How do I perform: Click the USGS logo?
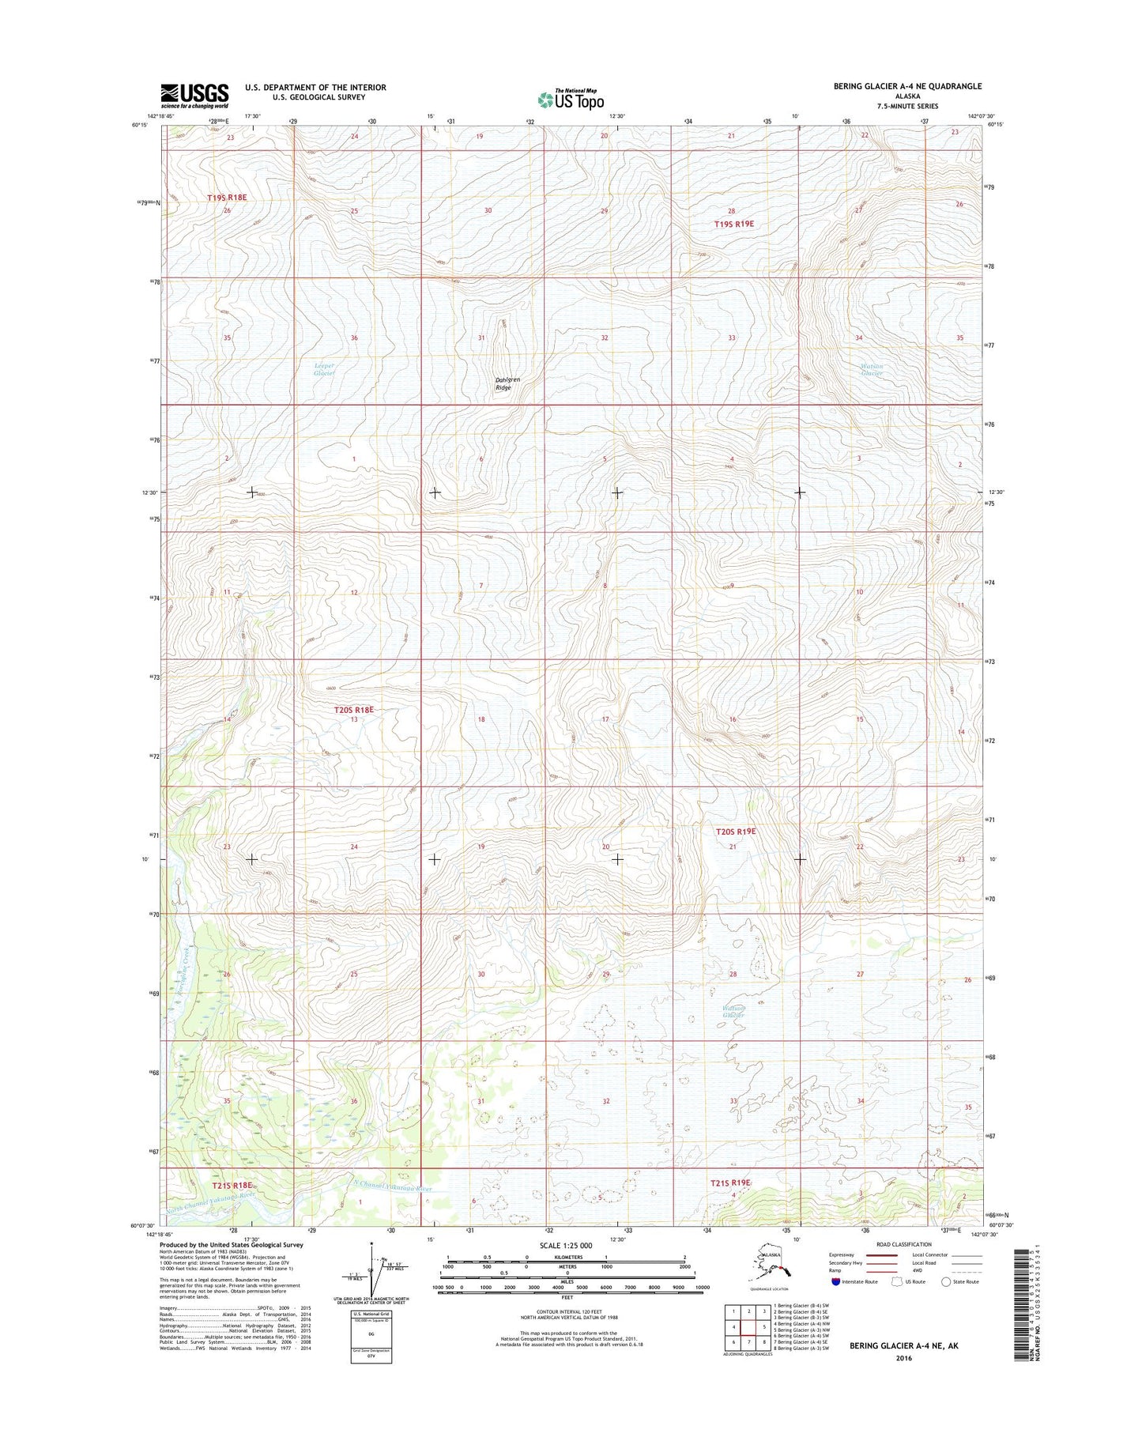tap(194, 96)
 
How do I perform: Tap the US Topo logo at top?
tap(571, 99)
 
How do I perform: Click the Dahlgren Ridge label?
tap(507, 383)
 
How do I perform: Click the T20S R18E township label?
tap(352, 710)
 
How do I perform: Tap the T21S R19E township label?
tap(729, 1183)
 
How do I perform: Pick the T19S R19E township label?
tap(733, 224)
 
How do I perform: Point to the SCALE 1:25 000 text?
tap(565, 1246)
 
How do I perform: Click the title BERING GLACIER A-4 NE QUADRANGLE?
tap(907, 86)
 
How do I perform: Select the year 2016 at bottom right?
tap(904, 1358)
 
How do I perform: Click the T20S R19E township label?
tap(736, 832)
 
